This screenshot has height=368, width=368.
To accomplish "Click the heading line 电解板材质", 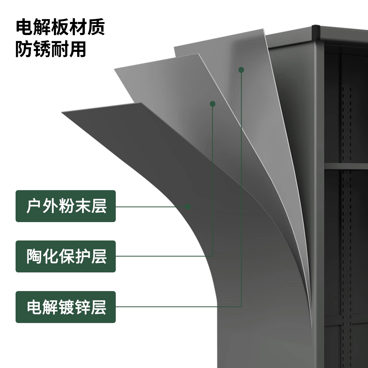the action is (x=60, y=27).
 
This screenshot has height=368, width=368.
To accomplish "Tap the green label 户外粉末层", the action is (x=66, y=206).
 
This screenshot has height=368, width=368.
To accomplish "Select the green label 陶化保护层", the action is (x=66, y=256).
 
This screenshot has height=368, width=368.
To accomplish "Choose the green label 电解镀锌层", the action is (x=66, y=307).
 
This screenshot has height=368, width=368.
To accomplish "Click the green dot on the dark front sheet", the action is (x=188, y=207).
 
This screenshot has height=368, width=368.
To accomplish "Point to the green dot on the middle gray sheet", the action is (x=213, y=104).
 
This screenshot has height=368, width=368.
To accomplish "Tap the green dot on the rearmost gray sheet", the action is (x=241, y=70).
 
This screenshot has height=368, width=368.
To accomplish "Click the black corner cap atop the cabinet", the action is (x=316, y=33).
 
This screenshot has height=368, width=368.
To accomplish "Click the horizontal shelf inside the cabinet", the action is (x=346, y=166).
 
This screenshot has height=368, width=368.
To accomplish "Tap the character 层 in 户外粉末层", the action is (x=99, y=206).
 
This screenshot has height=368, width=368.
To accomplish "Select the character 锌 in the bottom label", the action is (x=83, y=307).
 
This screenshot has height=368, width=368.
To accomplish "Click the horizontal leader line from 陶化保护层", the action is (x=164, y=256).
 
